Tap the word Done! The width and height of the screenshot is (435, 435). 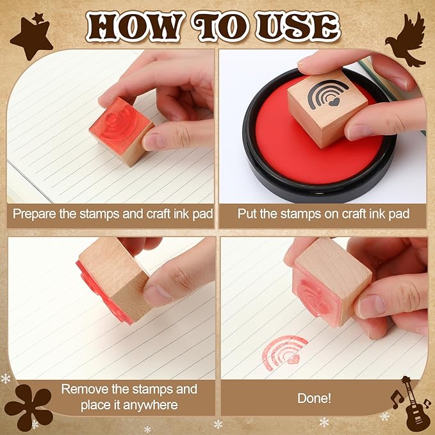pyautogui.click(x=314, y=398)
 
